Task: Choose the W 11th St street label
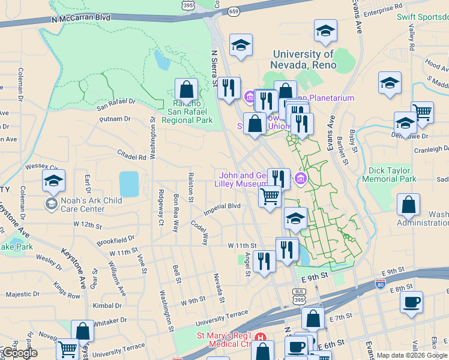tap(242, 246)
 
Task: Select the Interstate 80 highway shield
tap(380, 283)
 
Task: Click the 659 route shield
tap(234, 11)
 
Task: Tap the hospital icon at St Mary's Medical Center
tap(260, 337)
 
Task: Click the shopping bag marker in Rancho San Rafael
tap(187, 91)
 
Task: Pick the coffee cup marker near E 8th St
tap(411, 304)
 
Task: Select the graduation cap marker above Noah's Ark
tap(53, 181)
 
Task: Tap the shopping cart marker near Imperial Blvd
tap(270, 196)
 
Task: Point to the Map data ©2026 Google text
tap(411, 355)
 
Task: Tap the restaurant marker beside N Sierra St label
tap(228, 89)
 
